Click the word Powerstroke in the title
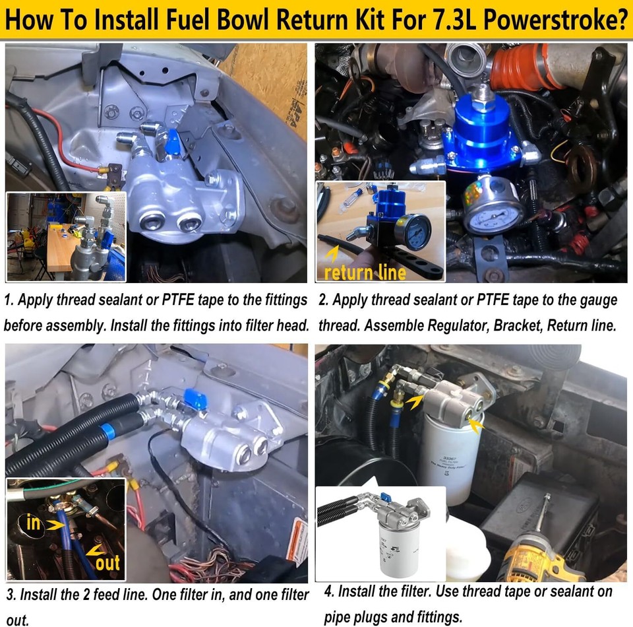(x=555, y=21)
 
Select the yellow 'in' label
(x=34, y=523)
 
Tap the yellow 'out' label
(x=107, y=562)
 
